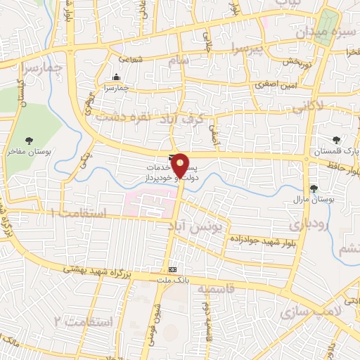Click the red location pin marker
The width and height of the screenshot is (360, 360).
181,166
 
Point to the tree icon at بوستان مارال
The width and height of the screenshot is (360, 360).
313,188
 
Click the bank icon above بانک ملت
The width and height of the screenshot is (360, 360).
172,269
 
